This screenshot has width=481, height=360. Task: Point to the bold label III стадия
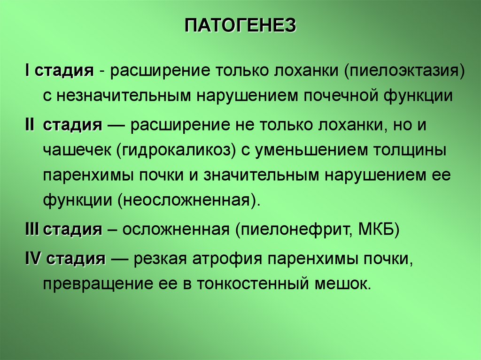click(63, 230)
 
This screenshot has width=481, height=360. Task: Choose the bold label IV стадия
click(65, 259)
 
